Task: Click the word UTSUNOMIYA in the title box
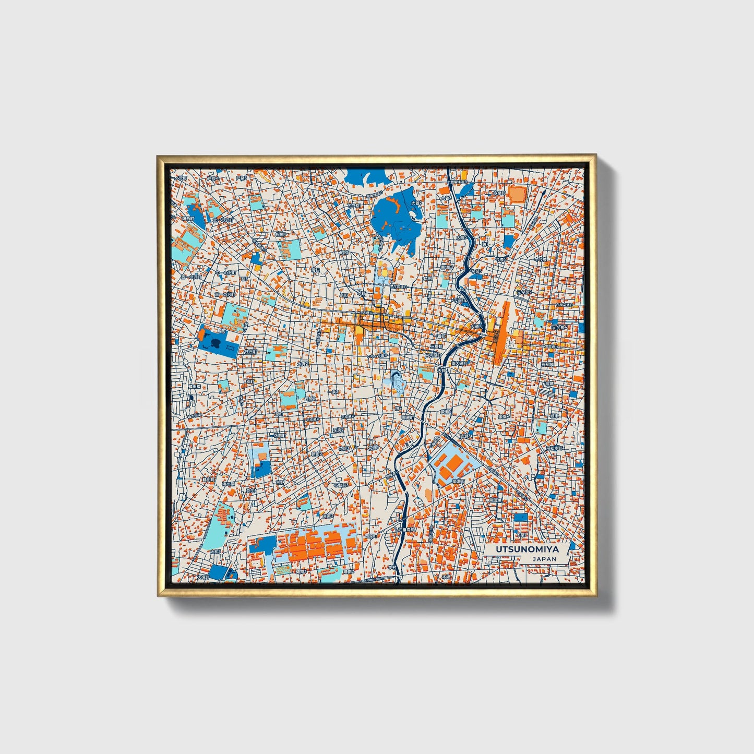(526, 549)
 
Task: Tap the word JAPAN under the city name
(544, 559)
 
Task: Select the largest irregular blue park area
(396, 217)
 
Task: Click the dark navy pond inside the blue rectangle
(214, 343)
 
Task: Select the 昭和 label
(344, 253)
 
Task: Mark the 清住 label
(315, 270)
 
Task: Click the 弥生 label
(250, 490)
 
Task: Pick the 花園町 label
(279, 435)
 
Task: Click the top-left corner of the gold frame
(158, 156)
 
